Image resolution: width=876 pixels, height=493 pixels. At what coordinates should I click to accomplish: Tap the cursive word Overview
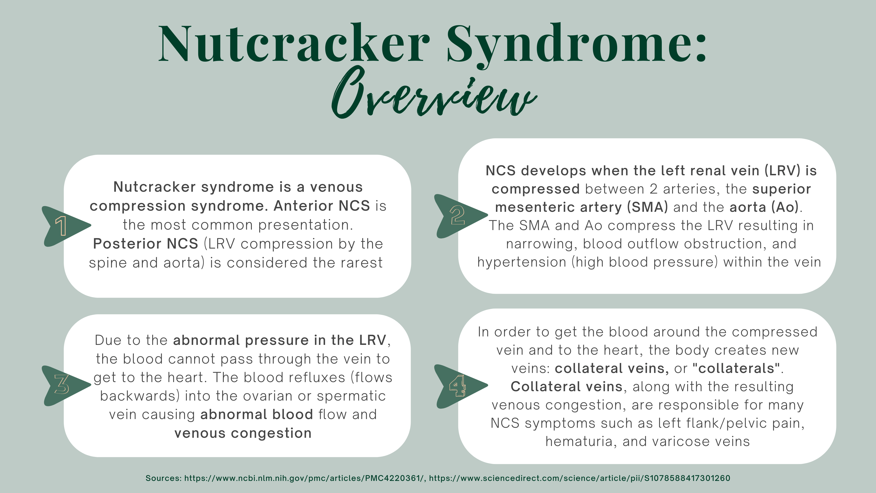tap(434, 94)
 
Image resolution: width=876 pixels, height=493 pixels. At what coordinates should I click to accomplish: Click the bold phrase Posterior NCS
tap(146, 244)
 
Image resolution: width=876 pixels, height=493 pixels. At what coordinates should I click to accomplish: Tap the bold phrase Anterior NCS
tap(322, 206)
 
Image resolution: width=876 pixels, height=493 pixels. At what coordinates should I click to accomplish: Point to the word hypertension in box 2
tap(522, 262)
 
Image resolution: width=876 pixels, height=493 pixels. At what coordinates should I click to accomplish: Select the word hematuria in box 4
tap(581, 442)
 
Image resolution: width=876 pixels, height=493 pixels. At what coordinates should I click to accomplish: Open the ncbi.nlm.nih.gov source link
tap(304, 478)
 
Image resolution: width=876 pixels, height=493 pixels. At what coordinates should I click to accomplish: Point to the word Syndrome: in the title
tap(577, 44)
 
